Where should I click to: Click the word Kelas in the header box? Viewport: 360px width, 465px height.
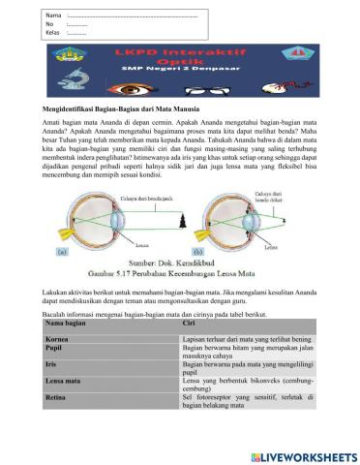click(x=52, y=33)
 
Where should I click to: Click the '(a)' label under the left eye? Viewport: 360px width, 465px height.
click(x=60, y=250)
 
